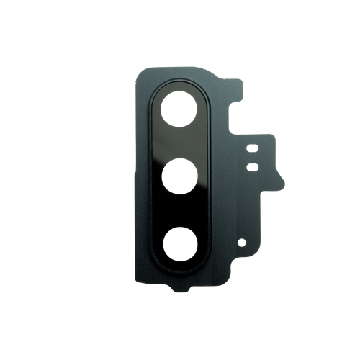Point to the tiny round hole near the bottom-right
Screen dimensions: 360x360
pos(241,242)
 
